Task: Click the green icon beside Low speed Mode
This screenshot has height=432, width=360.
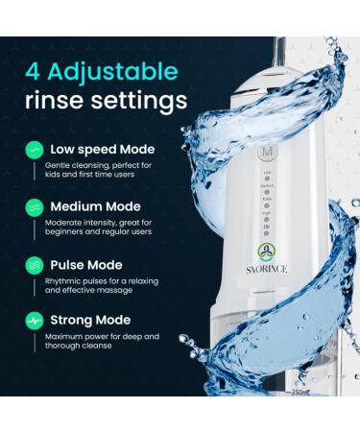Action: coord(35,151)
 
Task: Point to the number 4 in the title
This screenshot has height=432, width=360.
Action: coord(34,71)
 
